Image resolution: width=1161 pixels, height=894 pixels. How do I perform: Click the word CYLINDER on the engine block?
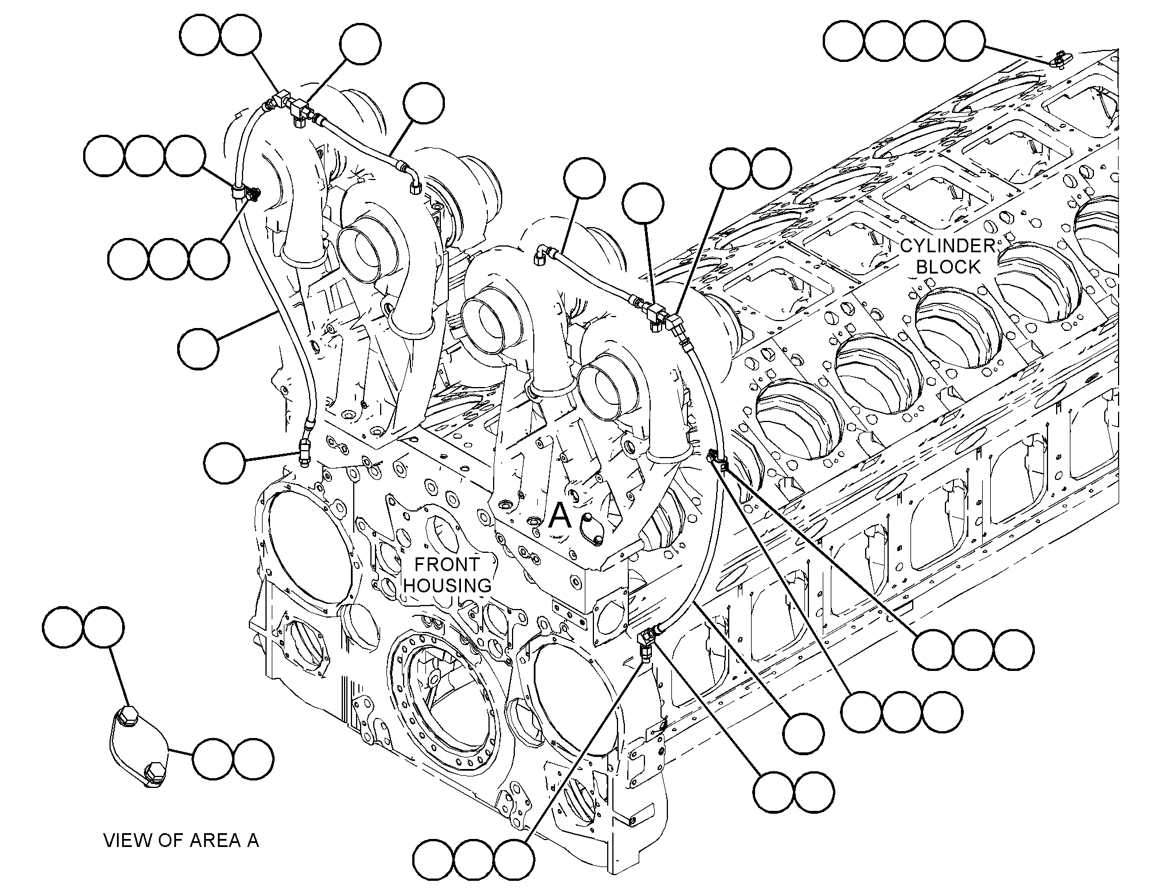point(947,246)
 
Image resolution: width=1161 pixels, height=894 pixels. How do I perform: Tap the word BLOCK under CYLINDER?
point(948,267)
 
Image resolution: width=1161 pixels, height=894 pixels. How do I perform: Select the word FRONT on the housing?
point(447,564)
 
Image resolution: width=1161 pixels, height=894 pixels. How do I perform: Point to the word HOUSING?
point(448,585)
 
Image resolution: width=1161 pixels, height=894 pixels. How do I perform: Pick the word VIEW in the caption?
point(125,841)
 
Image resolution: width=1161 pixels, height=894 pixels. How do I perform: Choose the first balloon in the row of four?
point(843,40)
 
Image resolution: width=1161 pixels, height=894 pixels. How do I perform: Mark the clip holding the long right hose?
point(717,459)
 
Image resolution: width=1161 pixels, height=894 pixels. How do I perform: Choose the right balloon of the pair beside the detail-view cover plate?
point(253,758)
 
